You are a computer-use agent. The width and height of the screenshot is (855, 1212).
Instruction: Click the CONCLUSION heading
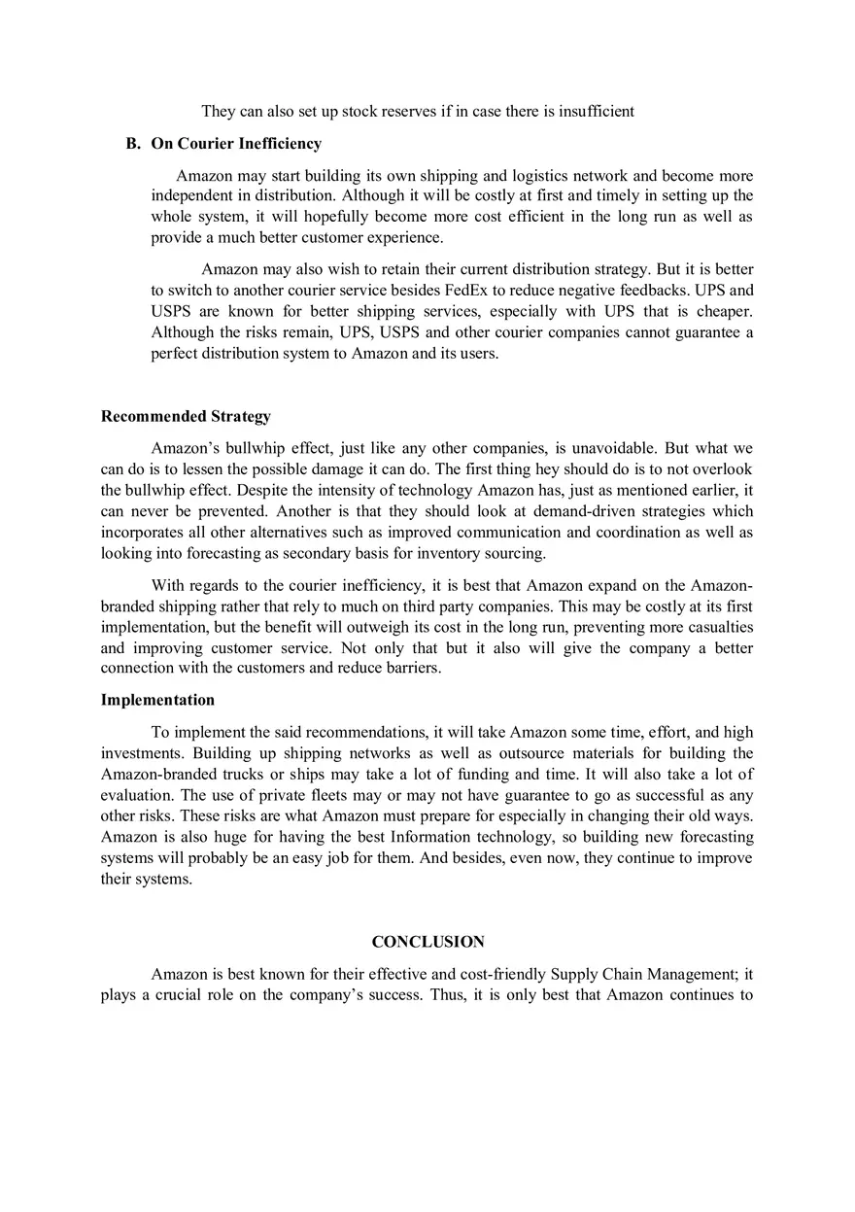pos(427,942)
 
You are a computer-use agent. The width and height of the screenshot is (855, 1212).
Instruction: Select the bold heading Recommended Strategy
pos(186,416)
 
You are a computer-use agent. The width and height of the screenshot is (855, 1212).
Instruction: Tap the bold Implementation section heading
pos(157,700)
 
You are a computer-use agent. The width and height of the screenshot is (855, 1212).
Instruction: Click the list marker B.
pos(133,144)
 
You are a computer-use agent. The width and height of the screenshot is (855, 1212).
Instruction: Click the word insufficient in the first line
pos(589,111)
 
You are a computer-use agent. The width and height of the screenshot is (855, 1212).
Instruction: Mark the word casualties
pos(720,627)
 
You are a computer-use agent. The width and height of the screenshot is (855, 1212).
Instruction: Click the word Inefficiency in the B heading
pos(280,144)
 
